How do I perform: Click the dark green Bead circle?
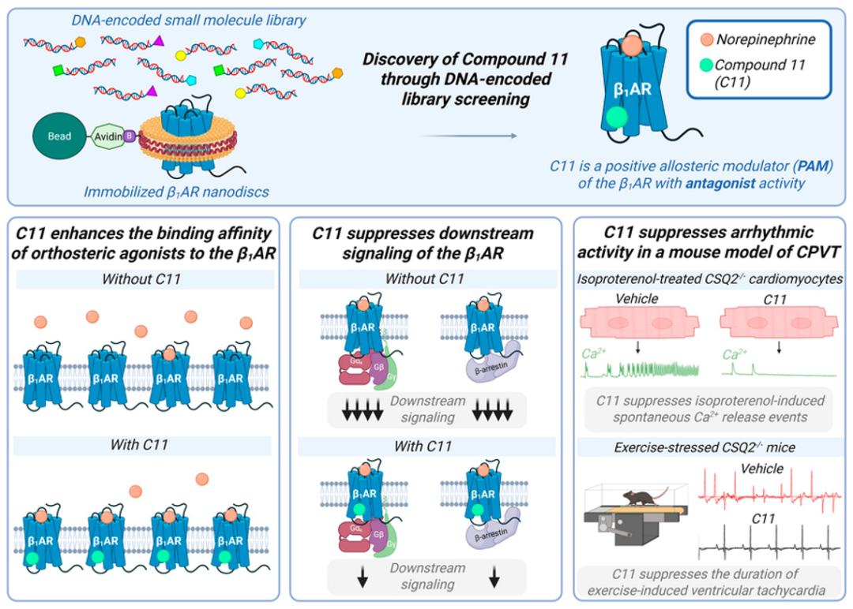58,136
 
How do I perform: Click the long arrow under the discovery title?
469,136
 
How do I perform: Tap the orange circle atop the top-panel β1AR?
631,45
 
